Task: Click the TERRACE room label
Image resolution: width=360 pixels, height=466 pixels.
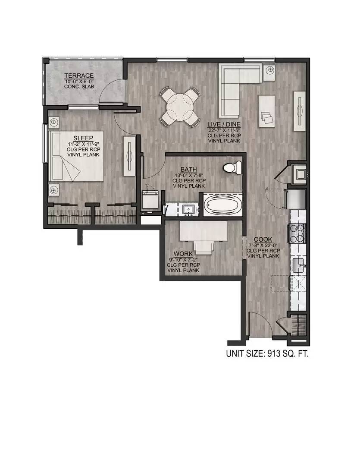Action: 79,76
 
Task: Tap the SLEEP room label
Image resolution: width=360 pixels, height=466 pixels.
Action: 83,138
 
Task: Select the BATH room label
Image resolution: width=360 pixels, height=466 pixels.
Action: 188,170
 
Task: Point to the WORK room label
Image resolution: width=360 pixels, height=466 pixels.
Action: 183,254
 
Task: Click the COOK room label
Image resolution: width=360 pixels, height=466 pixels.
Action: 263,239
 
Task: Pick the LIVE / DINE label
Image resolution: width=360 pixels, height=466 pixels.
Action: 224,124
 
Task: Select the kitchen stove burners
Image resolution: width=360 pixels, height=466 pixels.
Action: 297,233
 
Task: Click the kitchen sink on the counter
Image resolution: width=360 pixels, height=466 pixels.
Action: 298,265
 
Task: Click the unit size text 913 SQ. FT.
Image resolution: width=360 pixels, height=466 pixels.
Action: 267,354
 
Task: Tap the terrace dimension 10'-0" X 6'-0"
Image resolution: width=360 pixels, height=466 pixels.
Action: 79,81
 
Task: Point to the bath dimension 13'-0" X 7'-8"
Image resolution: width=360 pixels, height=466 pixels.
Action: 188,175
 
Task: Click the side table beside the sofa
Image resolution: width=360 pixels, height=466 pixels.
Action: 270,73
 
